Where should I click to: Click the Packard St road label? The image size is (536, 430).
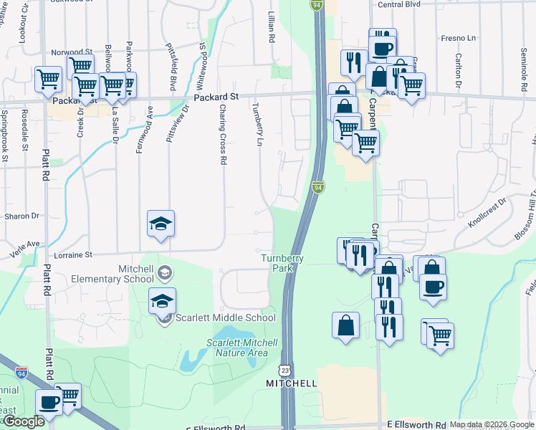(216, 96)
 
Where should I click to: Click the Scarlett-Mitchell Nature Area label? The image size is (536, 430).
(237, 347)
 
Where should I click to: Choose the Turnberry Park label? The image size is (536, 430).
(282, 263)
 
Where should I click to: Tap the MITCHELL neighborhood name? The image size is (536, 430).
(292, 383)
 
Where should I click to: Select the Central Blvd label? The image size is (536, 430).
(398, 4)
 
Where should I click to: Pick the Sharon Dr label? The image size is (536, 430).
(21, 216)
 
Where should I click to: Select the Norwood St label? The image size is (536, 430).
(72, 52)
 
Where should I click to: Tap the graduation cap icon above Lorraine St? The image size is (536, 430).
(161, 224)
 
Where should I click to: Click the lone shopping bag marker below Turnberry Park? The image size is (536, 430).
(345, 325)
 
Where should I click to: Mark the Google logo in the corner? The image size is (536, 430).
(23, 422)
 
